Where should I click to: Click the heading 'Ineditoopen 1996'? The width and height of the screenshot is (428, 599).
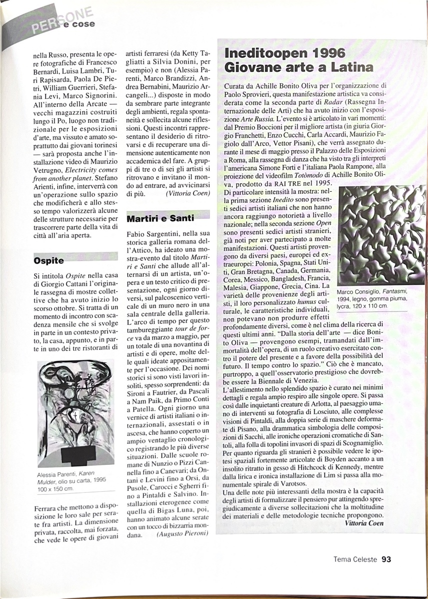coord(285,53)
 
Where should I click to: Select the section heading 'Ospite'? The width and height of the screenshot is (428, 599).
coord(49,260)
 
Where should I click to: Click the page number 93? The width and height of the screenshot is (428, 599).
coord(386,560)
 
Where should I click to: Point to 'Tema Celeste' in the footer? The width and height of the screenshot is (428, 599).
coord(355,560)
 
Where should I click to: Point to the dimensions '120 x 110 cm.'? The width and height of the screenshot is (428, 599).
coord(362,305)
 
